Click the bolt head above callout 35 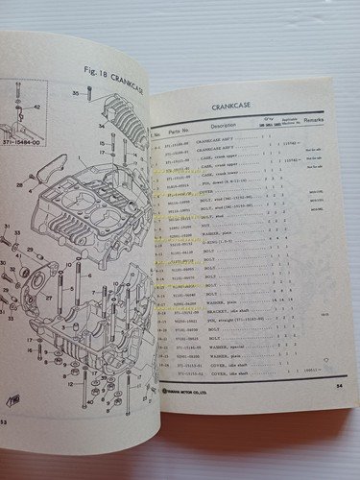coord(88,90)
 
